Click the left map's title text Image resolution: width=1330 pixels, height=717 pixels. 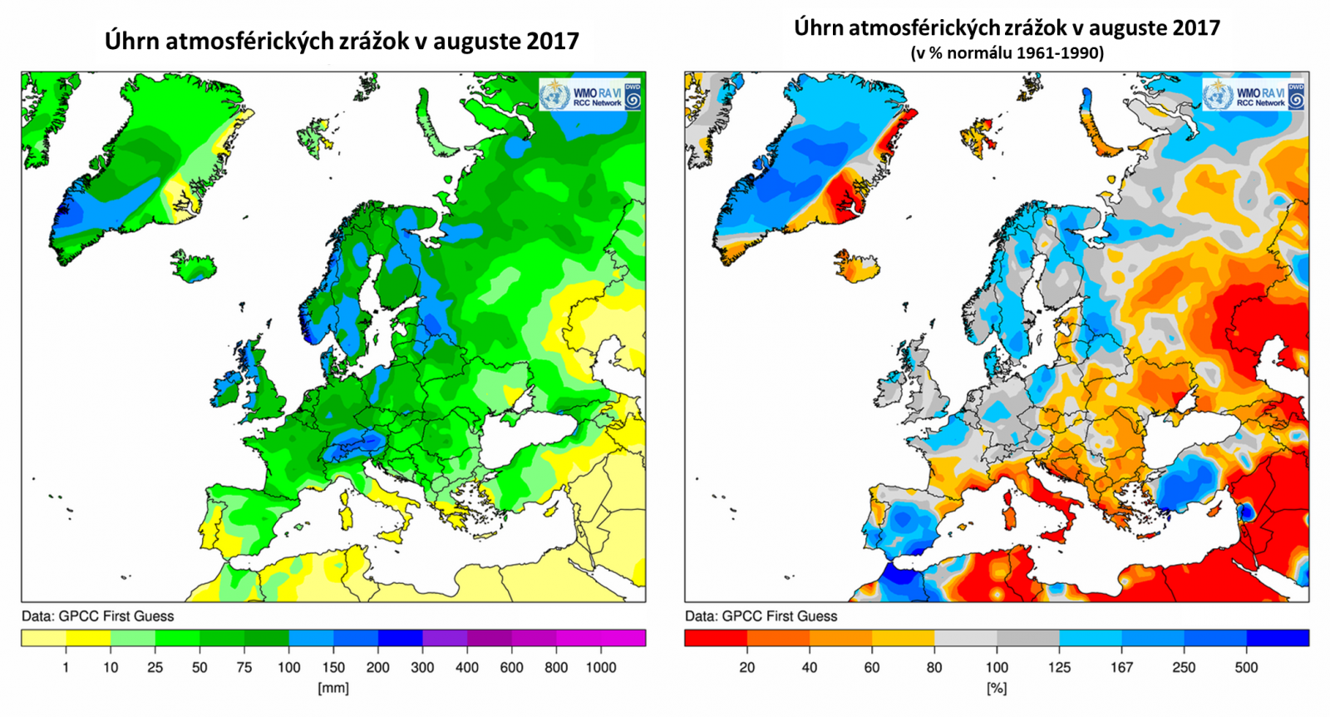coord(342,41)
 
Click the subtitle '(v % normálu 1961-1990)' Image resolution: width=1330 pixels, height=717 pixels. coord(1007,53)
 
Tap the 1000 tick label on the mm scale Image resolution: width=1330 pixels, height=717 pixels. coord(601,667)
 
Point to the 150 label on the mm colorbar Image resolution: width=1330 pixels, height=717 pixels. coord(333,667)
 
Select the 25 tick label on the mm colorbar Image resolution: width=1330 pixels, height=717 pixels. coord(155,667)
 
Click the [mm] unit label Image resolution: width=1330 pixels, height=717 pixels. coord(333,688)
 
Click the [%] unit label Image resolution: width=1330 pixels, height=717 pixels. coord(996,688)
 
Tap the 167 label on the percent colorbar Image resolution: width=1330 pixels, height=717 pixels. coord(1121,667)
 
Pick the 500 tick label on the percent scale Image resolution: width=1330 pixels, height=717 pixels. coord(1246,667)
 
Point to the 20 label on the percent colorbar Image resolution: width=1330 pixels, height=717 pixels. coord(747,667)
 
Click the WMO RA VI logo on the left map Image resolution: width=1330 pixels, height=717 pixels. coord(590,96)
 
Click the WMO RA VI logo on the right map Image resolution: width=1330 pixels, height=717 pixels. coord(1253,96)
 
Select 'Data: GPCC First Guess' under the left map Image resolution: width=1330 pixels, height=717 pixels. coord(97,616)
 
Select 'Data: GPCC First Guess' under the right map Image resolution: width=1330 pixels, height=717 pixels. coord(761,616)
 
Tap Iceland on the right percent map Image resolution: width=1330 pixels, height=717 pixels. coord(856,266)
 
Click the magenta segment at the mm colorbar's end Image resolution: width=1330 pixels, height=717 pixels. coord(623,638)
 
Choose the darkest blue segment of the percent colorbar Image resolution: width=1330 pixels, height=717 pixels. coord(1278,638)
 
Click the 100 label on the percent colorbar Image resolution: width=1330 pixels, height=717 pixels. coord(996,667)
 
